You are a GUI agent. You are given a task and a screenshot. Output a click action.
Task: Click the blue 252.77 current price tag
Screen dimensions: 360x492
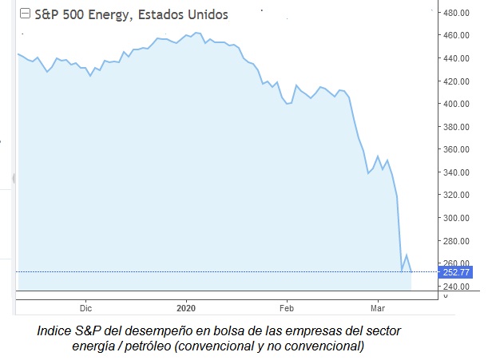pyautogui.click(x=458, y=272)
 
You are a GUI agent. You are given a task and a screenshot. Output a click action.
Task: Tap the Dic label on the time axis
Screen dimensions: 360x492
pyautogui.click(x=86, y=307)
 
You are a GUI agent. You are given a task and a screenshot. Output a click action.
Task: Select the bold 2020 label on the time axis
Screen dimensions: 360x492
pyautogui.click(x=186, y=307)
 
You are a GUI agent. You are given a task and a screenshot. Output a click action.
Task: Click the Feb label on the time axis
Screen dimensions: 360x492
pyautogui.click(x=287, y=307)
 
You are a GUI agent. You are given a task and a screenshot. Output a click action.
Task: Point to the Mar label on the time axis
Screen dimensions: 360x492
pyautogui.click(x=379, y=307)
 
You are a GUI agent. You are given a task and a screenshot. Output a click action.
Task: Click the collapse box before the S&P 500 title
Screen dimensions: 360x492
pyautogui.click(x=25, y=14)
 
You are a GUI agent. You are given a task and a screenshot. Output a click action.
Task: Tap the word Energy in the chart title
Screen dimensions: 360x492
pyautogui.click(x=105, y=14)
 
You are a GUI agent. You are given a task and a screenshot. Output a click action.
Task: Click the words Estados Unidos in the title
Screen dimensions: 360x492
pyautogui.click(x=184, y=14)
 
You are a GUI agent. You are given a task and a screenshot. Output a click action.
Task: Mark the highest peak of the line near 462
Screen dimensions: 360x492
pyautogui.click(x=196, y=33)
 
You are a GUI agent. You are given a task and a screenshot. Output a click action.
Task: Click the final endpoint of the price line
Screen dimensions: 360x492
pyautogui.click(x=412, y=272)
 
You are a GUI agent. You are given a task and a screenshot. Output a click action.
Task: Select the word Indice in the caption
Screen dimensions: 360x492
pyautogui.click(x=54, y=330)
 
